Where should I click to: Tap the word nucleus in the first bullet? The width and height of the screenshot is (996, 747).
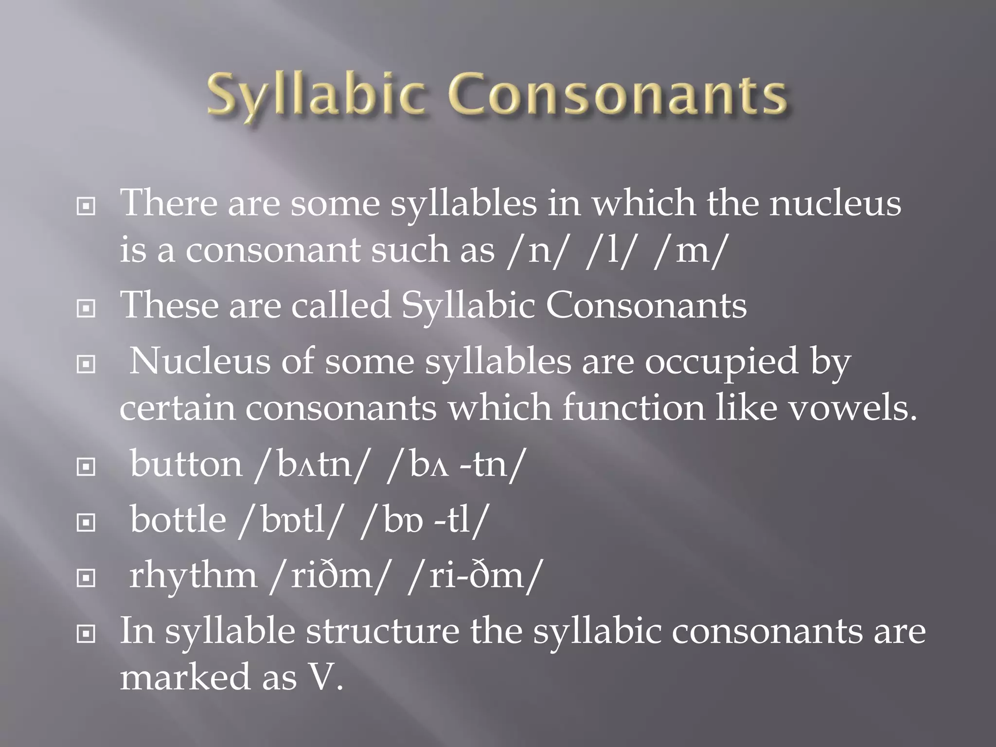point(835,203)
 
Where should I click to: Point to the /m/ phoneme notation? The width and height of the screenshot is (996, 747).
point(691,250)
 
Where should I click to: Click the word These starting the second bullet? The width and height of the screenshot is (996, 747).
point(169,305)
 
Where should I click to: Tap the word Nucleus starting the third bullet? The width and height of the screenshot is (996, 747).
point(199,361)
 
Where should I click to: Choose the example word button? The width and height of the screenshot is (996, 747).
point(186,464)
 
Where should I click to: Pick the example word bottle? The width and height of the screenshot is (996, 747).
point(178,520)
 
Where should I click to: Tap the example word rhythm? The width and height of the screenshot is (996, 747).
point(193,576)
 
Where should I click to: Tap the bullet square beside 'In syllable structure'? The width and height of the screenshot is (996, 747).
point(86,634)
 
